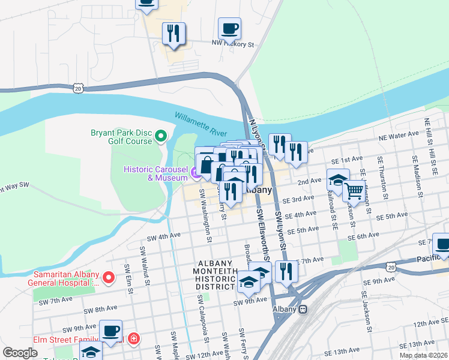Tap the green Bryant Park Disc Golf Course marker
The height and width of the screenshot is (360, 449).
click(x=160, y=137)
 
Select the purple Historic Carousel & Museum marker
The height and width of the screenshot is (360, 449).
click(x=196, y=174)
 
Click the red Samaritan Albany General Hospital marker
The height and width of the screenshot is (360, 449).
click(x=108, y=278)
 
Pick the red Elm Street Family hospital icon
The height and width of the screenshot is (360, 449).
click(x=133, y=339)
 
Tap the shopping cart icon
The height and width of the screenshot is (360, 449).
click(x=354, y=191)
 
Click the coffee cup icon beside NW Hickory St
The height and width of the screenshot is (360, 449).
click(x=230, y=28)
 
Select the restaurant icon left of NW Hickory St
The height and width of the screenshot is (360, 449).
click(x=173, y=34)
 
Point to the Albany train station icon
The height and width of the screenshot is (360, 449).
click(x=303, y=309)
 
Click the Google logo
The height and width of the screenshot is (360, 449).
click(x=20, y=353)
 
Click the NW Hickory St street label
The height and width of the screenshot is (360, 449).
click(x=234, y=44)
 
